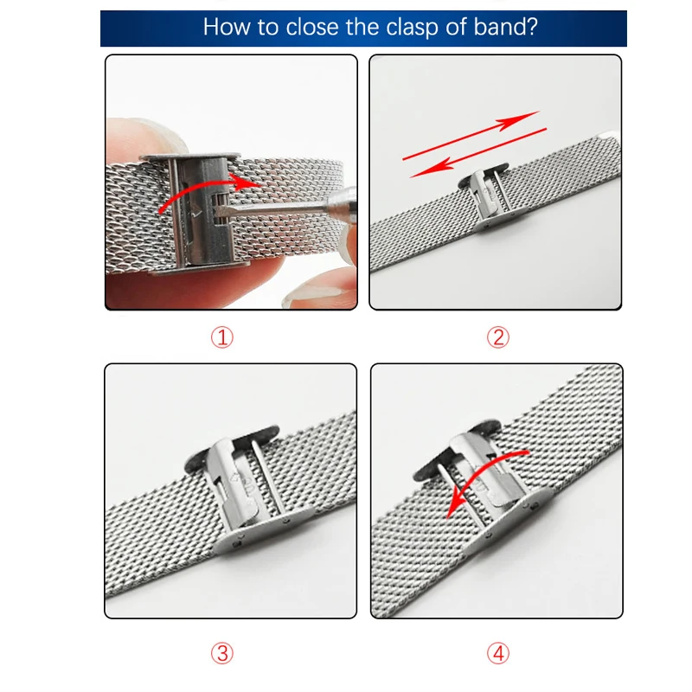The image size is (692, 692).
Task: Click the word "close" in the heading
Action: point(313,27)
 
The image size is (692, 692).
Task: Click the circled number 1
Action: point(222,337)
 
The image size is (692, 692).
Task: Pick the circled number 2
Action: point(498,337)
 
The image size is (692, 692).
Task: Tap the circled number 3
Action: point(222,654)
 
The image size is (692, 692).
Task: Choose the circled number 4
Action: point(498,654)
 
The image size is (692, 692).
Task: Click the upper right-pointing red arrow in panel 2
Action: point(471,135)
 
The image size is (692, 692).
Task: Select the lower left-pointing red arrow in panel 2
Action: point(478,153)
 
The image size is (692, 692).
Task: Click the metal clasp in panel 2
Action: point(485,198)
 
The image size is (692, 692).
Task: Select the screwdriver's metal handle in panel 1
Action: point(342,200)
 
